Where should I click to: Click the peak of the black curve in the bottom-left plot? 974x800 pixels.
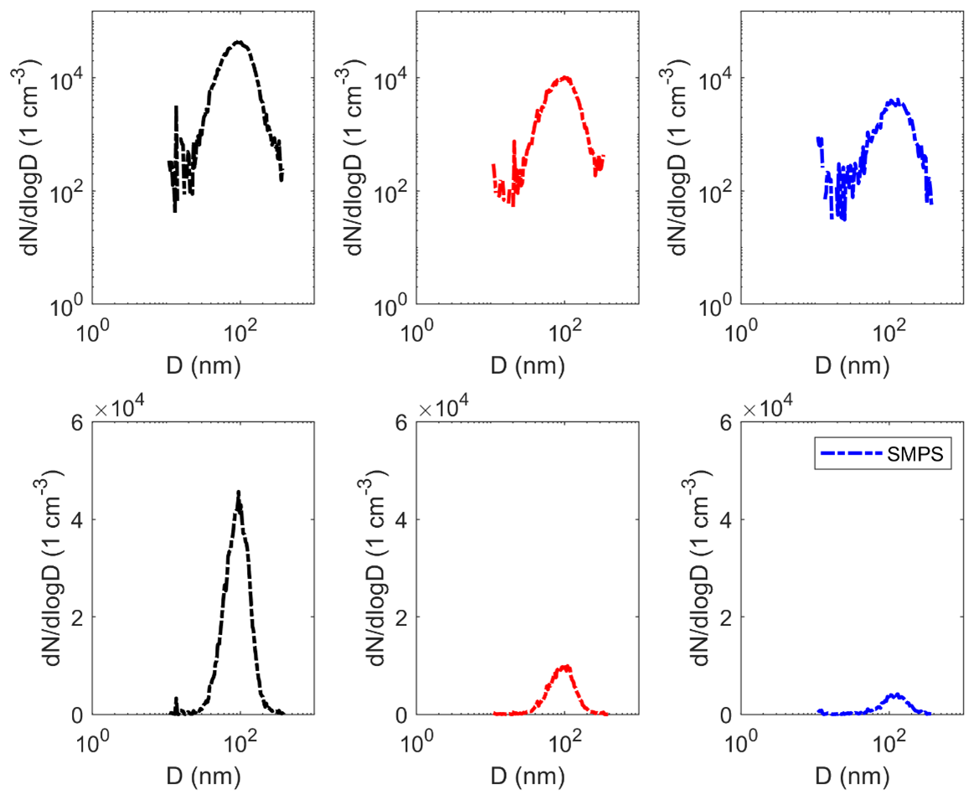tap(239, 493)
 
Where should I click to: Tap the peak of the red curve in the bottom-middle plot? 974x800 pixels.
tap(566, 667)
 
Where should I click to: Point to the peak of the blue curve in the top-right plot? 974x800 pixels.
tap(895, 101)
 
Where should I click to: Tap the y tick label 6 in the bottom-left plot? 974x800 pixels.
tap(75, 422)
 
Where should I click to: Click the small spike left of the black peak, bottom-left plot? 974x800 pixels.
tap(176, 699)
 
